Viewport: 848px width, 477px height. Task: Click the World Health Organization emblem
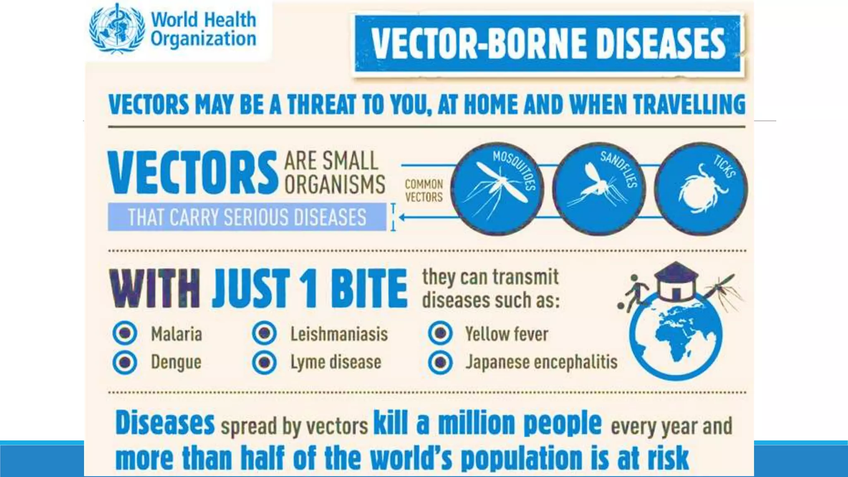click(x=117, y=29)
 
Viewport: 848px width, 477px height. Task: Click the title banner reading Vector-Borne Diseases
click(x=547, y=44)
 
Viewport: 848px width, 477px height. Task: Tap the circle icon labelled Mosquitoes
click(x=497, y=189)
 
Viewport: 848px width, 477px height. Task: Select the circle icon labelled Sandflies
click(x=599, y=189)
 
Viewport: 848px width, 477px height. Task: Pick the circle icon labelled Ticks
click(x=701, y=189)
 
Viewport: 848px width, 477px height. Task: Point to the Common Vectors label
click(x=424, y=190)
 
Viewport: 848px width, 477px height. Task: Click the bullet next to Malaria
click(x=125, y=333)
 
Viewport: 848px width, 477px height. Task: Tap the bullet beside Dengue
click(x=125, y=362)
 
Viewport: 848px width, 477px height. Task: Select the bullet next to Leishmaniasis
click(x=264, y=333)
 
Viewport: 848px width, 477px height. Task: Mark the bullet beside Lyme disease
click(x=264, y=362)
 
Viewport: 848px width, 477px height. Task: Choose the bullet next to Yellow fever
click(x=440, y=333)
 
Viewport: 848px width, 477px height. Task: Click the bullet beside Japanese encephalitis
click(x=440, y=362)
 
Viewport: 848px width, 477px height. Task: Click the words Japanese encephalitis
click(x=541, y=362)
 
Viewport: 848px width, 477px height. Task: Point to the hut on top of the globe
click(x=676, y=282)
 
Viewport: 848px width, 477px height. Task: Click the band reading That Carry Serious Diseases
click(x=247, y=217)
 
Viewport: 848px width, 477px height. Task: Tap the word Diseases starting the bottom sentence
click(x=165, y=423)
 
